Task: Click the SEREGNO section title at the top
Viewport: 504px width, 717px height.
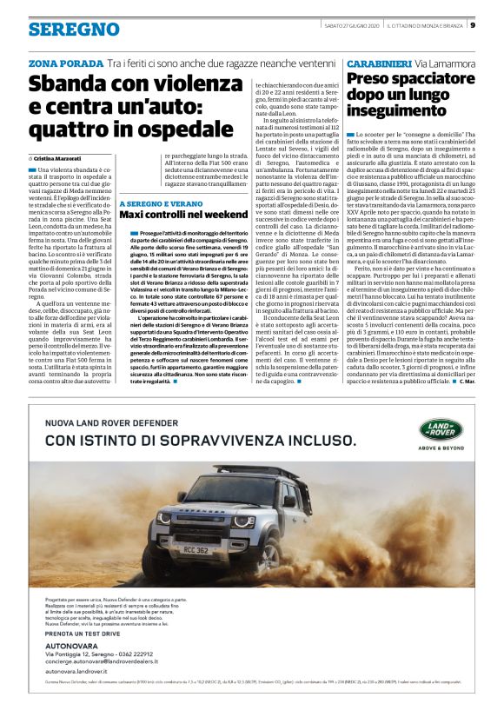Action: [x=73, y=30]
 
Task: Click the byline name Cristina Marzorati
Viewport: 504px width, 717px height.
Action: [x=60, y=158]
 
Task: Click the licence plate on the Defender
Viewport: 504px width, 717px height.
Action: [x=196, y=549]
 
